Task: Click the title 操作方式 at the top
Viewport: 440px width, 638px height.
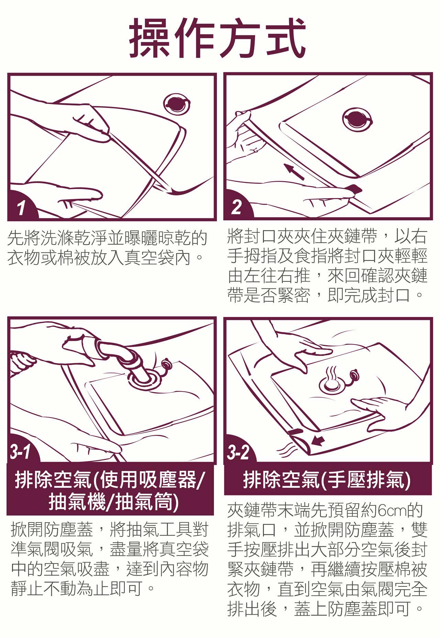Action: [218, 37]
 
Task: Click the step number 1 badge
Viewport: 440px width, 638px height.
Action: [22, 207]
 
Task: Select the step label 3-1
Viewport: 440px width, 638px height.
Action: [21, 451]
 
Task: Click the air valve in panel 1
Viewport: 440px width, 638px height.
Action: [176, 103]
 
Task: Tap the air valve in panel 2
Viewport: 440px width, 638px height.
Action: [357, 119]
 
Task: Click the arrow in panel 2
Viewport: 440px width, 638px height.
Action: [294, 172]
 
